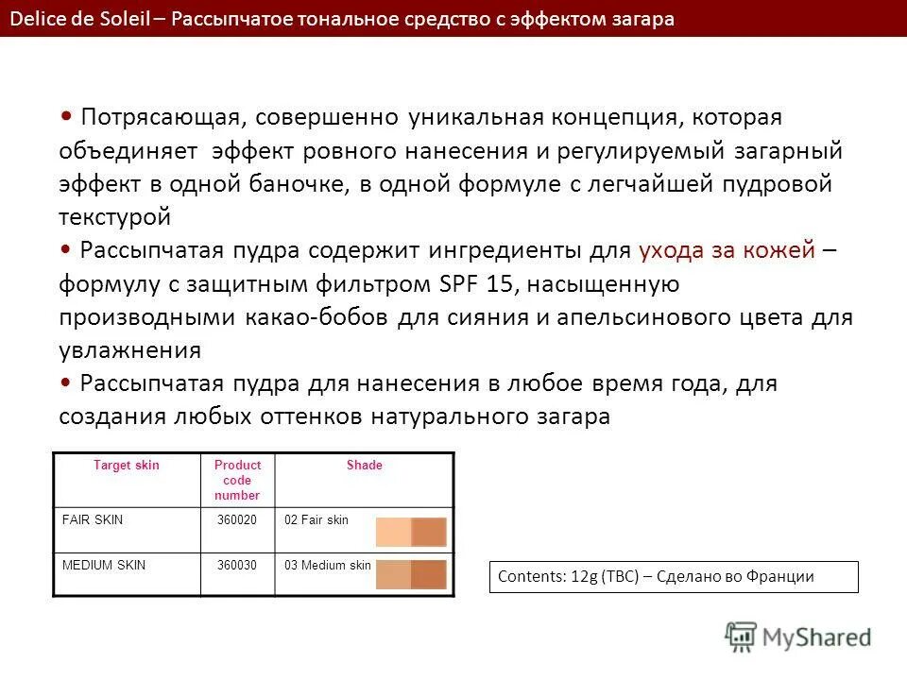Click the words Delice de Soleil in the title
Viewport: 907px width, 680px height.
[80, 19]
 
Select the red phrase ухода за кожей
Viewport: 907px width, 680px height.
[727, 250]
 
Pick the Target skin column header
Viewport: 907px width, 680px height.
[127, 466]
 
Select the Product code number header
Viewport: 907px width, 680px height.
[237, 480]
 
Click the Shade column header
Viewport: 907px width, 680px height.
[364, 466]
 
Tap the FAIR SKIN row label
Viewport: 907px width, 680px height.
[93, 520]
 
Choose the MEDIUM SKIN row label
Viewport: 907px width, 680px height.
[104, 565]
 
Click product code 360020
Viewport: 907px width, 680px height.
[237, 520]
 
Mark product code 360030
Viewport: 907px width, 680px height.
[237, 565]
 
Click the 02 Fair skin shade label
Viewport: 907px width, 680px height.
[317, 520]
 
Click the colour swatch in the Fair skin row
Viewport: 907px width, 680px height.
[411, 532]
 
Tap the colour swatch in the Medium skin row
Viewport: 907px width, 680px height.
[411, 575]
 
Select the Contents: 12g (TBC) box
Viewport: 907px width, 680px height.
[673, 577]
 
